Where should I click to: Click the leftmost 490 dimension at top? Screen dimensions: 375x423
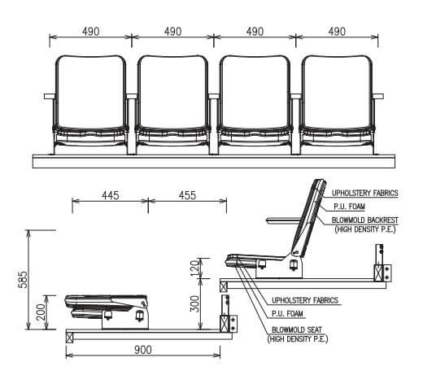pyautogui.click(x=90, y=32)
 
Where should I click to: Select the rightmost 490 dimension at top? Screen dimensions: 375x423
pyautogui.click(x=337, y=32)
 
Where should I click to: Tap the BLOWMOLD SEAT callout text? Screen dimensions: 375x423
pyautogui.click(x=299, y=334)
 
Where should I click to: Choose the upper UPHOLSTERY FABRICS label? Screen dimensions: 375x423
pyautogui.click(x=364, y=193)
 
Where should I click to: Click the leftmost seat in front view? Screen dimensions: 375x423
pyautogui.click(x=91, y=98)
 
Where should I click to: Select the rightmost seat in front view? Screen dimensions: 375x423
pyautogui.click(x=336, y=98)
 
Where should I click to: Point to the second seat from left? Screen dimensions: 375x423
pyautogui.click(x=172, y=98)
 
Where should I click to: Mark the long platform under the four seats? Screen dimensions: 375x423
pyautogui.click(x=213, y=160)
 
